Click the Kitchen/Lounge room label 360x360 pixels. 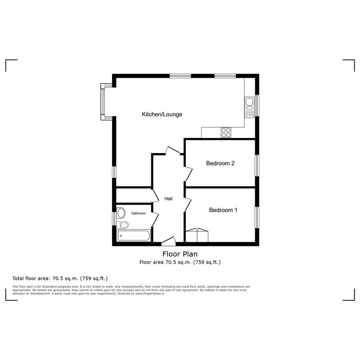click(x=162, y=114)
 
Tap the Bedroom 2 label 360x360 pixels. click(x=220, y=163)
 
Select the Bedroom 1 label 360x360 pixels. click(x=223, y=210)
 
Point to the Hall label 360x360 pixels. click(x=168, y=199)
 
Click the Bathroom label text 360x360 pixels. click(x=138, y=213)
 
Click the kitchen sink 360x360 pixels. click(x=250, y=107)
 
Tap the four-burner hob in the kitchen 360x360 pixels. click(x=226, y=133)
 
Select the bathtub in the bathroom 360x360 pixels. click(x=134, y=235)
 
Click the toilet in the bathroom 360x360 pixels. click(x=123, y=225)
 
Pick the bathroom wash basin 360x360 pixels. click(x=121, y=213)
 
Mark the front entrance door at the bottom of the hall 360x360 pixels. click(x=168, y=240)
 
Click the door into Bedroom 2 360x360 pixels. click(x=188, y=174)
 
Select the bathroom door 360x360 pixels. click(x=155, y=219)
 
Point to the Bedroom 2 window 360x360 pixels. click(x=257, y=166)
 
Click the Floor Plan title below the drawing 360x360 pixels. click(x=180, y=254)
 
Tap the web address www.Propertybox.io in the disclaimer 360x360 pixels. click(x=150, y=293)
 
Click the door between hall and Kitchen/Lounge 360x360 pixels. click(x=173, y=150)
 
